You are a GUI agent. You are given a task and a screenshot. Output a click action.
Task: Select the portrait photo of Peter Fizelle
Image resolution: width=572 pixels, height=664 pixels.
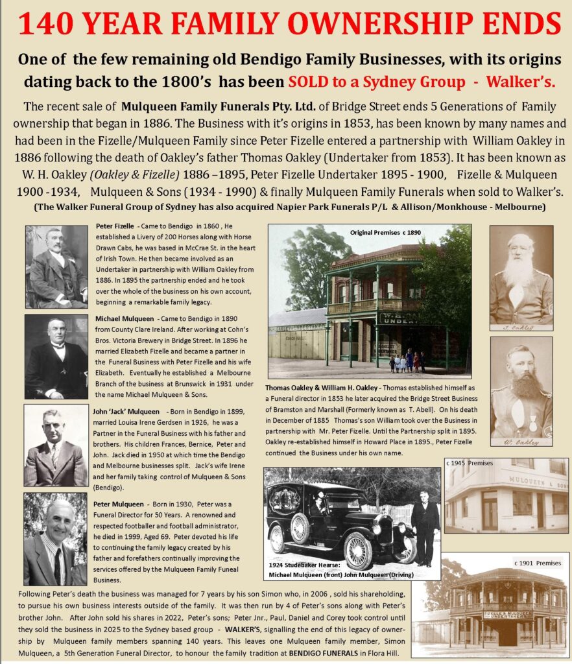[56, 267]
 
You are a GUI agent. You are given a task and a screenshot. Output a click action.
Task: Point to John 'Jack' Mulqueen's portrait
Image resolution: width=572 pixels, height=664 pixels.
[56, 445]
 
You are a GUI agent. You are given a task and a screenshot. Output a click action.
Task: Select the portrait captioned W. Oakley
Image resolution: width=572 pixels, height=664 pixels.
[521, 391]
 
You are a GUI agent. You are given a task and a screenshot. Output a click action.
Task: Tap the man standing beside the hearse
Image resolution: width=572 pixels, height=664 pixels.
[425, 525]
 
